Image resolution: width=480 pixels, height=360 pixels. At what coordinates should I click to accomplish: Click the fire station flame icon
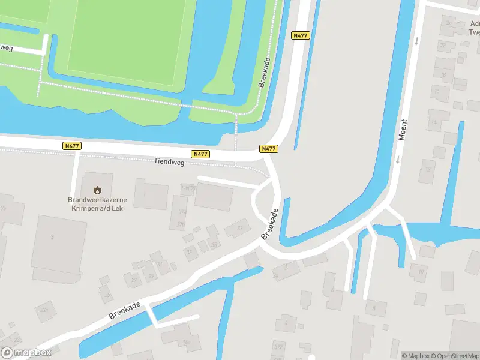click(x=97, y=190)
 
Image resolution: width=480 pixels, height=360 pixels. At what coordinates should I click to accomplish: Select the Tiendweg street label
click(x=169, y=161)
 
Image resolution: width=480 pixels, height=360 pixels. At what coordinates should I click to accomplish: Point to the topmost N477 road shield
click(x=300, y=35)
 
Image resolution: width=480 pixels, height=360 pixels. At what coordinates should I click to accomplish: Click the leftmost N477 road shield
click(x=71, y=146)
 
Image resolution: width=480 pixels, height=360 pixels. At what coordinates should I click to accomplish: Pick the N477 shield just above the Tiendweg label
click(x=200, y=154)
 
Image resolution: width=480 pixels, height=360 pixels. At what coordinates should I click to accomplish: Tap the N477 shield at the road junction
click(x=268, y=148)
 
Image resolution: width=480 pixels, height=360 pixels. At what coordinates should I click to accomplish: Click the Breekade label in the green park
click(x=264, y=74)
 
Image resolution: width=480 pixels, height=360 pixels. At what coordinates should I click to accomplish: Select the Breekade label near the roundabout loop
click(x=271, y=224)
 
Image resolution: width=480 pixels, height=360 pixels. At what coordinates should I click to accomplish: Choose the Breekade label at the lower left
click(x=124, y=311)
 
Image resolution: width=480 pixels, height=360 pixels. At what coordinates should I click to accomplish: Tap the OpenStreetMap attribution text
click(x=454, y=356)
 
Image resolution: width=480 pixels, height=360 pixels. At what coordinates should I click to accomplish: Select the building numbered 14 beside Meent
click(x=434, y=122)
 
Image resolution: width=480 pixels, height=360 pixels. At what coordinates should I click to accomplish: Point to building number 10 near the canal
click(x=419, y=272)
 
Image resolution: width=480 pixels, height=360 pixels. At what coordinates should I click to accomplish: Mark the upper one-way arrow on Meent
click(x=416, y=41)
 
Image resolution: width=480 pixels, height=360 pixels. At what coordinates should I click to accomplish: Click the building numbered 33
click(x=190, y=251)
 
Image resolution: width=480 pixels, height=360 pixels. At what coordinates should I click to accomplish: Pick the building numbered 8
click(x=376, y=308)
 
